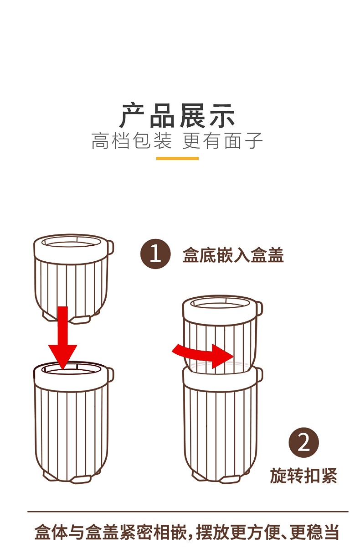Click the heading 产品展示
tap(177, 115)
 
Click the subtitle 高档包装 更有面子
tap(177, 141)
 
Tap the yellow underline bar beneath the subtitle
tap(177, 158)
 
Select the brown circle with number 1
tap(155, 254)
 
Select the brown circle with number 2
tap(303, 442)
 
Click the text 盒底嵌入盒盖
tap(233, 255)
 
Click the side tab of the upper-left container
tap(111, 247)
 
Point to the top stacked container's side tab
tap(260, 309)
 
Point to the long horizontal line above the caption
tap(188, 511)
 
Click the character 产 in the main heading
tap(132, 115)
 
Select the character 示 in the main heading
tap(222, 115)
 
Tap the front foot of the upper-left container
tap(80, 320)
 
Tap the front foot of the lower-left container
tap(80, 480)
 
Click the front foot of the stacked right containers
tap(230, 480)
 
